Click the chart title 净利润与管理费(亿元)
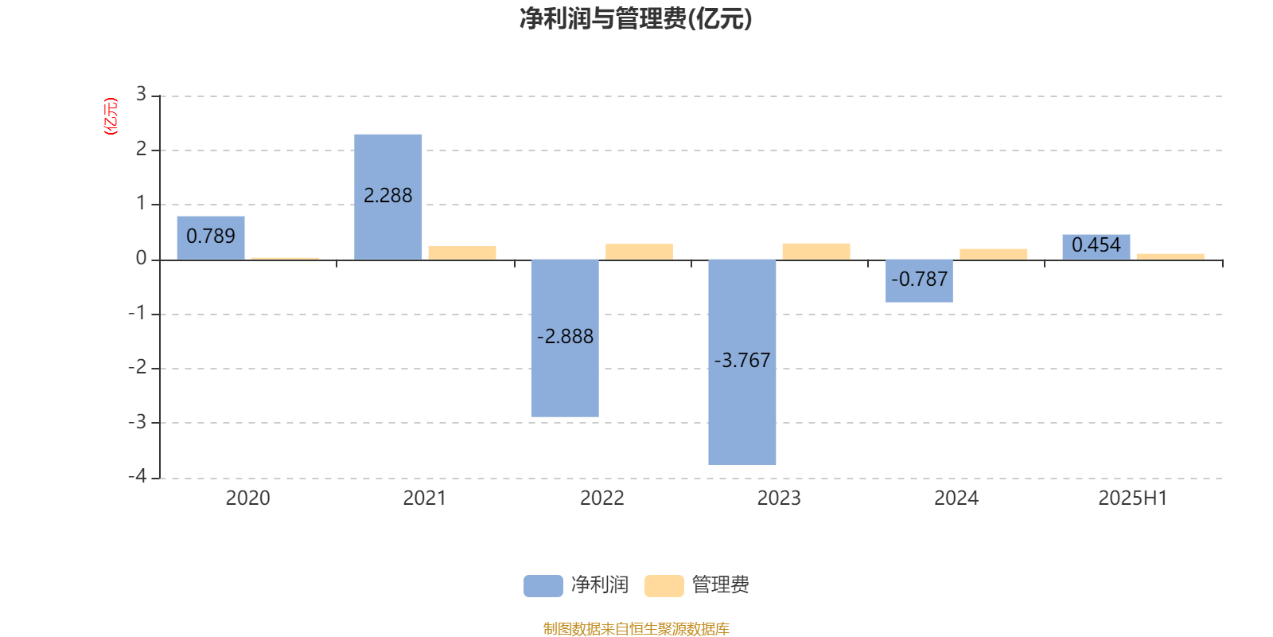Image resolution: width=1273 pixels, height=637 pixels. tap(636, 19)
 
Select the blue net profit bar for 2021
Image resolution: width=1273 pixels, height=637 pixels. tap(388, 197)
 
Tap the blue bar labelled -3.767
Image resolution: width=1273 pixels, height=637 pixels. tap(742, 362)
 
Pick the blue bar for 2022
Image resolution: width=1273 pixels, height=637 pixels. tap(565, 338)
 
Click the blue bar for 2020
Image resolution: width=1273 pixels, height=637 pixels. tap(211, 238)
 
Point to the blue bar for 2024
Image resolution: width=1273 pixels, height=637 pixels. tap(919, 281)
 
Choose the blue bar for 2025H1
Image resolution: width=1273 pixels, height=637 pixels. tap(1096, 248)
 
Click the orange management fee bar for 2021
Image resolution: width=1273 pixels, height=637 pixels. tap(462, 253)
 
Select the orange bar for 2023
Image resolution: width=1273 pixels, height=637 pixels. tap(816, 252)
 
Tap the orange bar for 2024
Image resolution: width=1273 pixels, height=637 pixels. tap(994, 255)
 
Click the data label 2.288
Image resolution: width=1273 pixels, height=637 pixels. tap(388, 196)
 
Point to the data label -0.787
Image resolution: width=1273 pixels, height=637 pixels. tap(920, 279)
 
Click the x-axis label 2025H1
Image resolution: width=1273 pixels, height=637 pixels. tap(1133, 498)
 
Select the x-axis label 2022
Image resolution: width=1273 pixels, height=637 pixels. tap(601, 498)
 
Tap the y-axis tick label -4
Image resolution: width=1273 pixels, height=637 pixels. tap(138, 476)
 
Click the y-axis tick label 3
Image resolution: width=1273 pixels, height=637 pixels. tap(142, 94)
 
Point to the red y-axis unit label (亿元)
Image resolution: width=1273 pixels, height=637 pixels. tap(111, 116)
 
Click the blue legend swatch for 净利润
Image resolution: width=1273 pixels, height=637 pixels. tap(543, 586)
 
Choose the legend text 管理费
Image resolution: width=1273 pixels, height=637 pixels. tap(721, 584)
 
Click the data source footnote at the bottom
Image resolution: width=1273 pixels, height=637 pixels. tap(636, 628)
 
